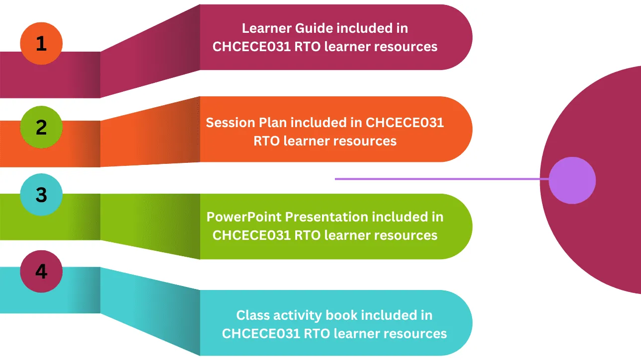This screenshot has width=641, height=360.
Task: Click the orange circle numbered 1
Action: (x=41, y=44)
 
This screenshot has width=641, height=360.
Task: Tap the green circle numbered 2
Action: (x=41, y=127)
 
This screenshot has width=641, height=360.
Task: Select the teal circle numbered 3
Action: (x=41, y=195)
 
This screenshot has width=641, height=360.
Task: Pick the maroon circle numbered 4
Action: (x=41, y=272)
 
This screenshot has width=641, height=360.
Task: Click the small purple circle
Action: (x=572, y=180)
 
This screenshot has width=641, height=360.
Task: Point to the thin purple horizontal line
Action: (x=437, y=179)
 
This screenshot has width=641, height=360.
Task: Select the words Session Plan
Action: (x=246, y=122)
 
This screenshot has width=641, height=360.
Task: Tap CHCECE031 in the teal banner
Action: (x=261, y=333)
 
